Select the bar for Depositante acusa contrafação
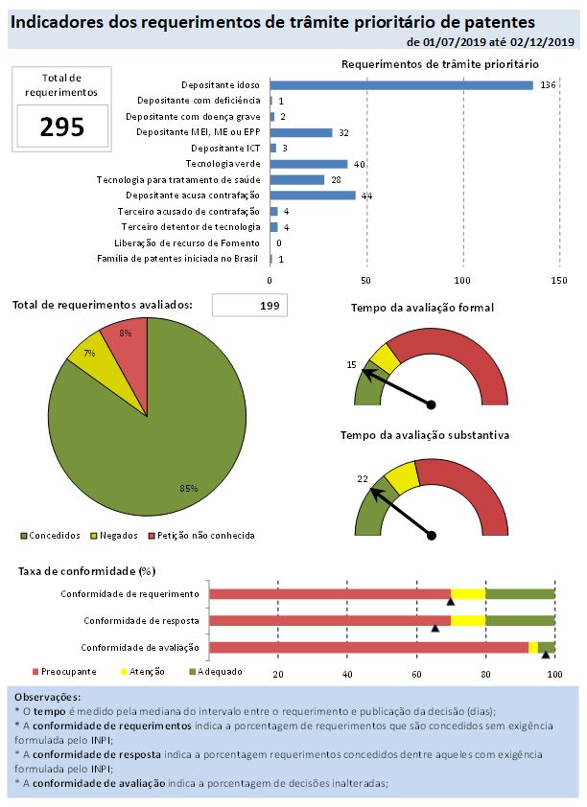pos(313,196)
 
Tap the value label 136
pos(549,85)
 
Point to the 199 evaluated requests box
pos(248,306)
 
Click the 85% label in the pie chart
pos(188,488)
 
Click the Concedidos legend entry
pos(47,535)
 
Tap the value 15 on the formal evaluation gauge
pos(351,364)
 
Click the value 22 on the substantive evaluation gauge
pos(362,478)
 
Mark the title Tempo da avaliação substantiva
pos(424,435)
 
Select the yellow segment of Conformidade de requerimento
pos(468,594)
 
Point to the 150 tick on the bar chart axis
pos(558,280)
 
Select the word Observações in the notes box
pos(48,697)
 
